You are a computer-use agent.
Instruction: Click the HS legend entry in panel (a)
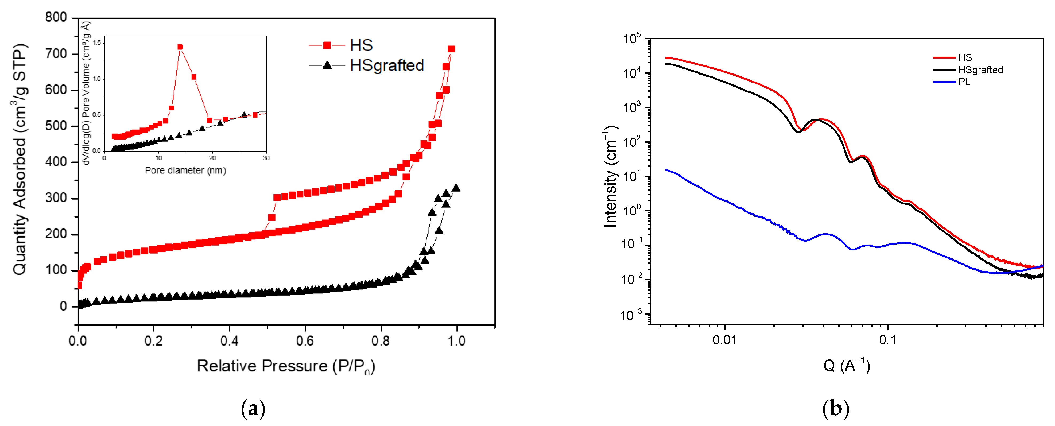pyautogui.click(x=360, y=45)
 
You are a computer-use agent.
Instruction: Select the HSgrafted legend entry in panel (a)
pyautogui.click(x=386, y=65)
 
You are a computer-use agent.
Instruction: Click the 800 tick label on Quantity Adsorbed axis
pyautogui.click(x=56, y=17)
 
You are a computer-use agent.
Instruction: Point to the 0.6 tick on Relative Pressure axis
pyautogui.click(x=305, y=341)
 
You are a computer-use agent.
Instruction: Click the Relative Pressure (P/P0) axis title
pyautogui.click(x=285, y=366)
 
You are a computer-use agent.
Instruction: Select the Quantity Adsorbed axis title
pyautogui.click(x=20, y=160)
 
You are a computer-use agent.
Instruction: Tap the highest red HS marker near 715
pyautogui.click(x=451, y=49)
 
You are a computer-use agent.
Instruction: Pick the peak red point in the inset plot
pyautogui.click(x=180, y=47)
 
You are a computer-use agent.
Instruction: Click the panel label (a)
pyautogui.click(x=253, y=409)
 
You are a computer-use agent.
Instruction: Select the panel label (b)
pyautogui.click(x=836, y=409)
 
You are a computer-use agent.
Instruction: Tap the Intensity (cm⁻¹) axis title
pyautogui.click(x=611, y=176)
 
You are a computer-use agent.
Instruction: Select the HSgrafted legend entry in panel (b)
pyautogui.click(x=980, y=70)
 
